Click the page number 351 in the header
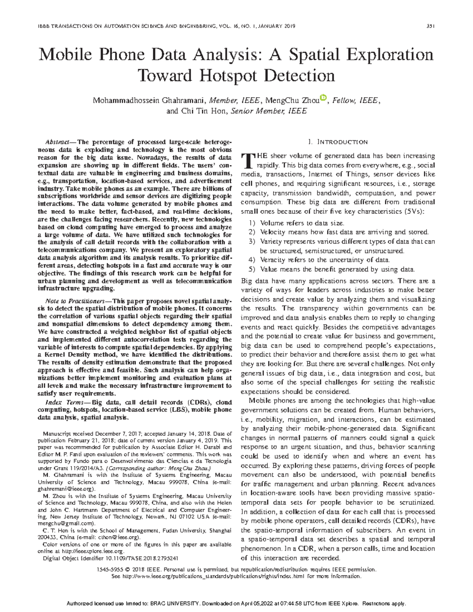(430, 26)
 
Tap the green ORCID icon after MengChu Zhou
(324, 97)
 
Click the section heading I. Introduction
(339, 142)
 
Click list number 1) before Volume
(252, 223)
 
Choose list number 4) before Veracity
(252, 260)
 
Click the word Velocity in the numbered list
(272, 233)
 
